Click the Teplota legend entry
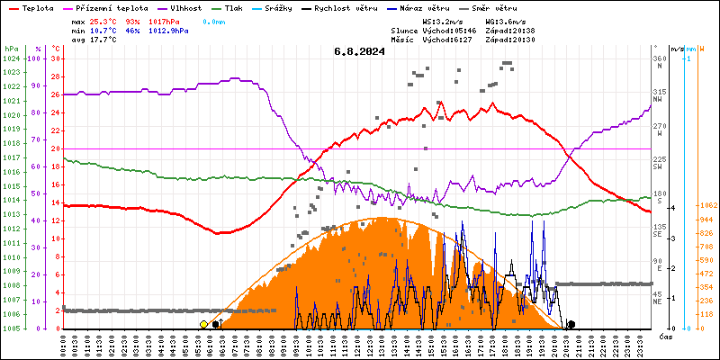pyautogui.click(x=37, y=7)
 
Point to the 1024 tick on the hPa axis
pyautogui.click(x=11, y=58)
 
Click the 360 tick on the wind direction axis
pyautogui.click(x=659, y=58)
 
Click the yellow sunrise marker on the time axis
pyautogui.click(x=204, y=324)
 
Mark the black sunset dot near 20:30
pyautogui.click(x=571, y=324)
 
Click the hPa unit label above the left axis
pyautogui.click(x=11, y=49)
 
